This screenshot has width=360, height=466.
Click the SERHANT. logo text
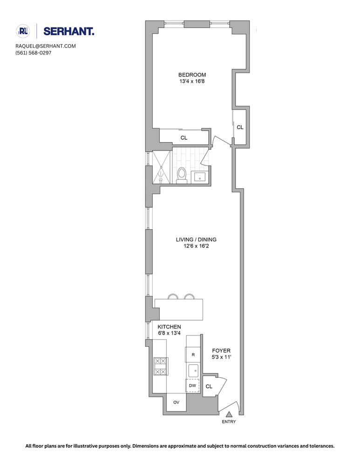tap(69, 31)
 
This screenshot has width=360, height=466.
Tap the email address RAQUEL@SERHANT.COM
tap(45, 46)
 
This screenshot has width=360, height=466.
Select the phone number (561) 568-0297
tap(33, 53)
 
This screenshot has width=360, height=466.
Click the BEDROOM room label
tap(192, 75)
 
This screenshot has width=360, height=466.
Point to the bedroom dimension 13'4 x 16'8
tap(192, 82)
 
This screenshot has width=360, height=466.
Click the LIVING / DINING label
tap(196, 240)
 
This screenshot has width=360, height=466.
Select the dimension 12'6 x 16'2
tap(196, 247)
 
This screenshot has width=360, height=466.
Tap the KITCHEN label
tap(169, 327)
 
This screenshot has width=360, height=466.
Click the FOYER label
tap(221, 351)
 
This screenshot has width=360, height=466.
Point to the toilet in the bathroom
tap(182, 175)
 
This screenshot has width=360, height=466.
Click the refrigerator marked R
tap(193, 355)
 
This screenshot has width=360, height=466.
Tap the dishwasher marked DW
tap(192, 386)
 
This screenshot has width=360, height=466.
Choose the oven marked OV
tap(177, 402)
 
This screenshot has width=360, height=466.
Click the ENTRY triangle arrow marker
tap(229, 414)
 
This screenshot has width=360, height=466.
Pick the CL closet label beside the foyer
tap(209, 386)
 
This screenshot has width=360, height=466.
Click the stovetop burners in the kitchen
tap(160, 366)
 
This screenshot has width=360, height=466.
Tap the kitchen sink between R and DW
tap(193, 371)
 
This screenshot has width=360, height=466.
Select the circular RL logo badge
tap(23, 31)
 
